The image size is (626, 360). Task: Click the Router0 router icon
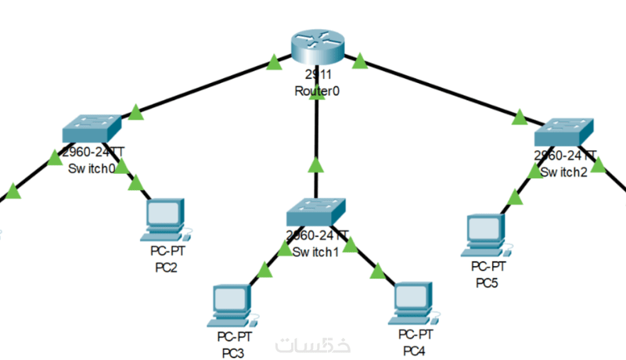coord(316,45)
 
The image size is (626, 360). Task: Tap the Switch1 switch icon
coord(316,211)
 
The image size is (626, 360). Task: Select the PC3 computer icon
coord(233,306)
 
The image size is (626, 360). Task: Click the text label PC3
coord(232,352)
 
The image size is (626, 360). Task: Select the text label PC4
coord(414,349)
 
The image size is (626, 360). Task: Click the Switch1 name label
coord(315,252)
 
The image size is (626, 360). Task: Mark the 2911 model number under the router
coord(316,76)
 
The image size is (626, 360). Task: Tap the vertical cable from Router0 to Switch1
coord(315,141)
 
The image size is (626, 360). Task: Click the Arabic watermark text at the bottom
coord(313,345)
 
